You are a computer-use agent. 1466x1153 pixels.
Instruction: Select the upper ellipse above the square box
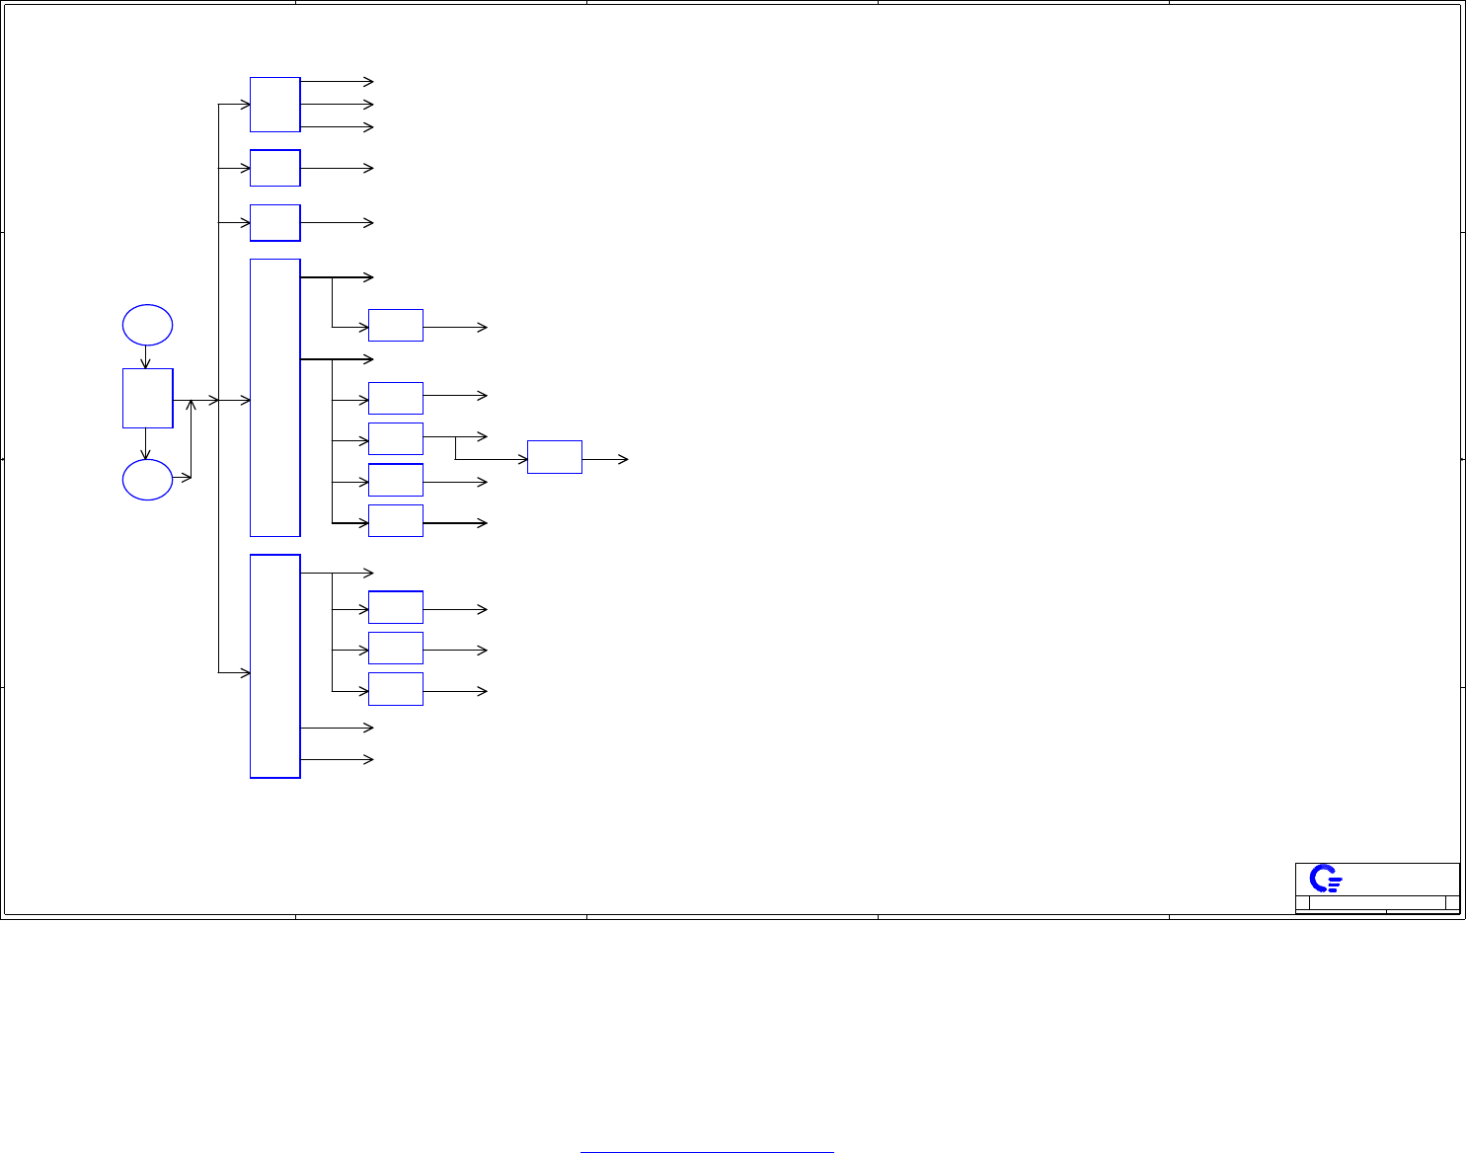click(x=147, y=325)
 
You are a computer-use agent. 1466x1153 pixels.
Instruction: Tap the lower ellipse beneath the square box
click(x=147, y=480)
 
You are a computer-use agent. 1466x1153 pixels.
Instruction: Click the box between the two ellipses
click(x=147, y=398)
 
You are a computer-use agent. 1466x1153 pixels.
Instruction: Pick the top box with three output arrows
click(x=274, y=104)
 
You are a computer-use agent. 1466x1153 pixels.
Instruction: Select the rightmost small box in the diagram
click(x=554, y=457)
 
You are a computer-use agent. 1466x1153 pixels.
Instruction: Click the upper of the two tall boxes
click(x=274, y=397)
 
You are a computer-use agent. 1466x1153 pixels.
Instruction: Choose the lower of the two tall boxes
click(x=274, y=666)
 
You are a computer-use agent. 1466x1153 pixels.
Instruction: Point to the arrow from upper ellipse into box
click(x=146, y=356)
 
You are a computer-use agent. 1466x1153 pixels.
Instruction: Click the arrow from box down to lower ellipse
click(x=146, y=444)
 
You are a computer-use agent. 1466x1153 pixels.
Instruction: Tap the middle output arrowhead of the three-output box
click(x=369, y=104)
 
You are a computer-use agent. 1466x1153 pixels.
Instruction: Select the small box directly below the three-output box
click(x=274, y=168)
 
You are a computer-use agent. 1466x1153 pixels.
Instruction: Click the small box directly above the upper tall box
click(x=274, y=223)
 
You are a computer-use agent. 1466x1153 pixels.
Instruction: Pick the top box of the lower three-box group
click(x=395, y=607)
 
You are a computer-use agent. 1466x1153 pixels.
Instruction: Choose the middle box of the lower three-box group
click(x=395, y=649)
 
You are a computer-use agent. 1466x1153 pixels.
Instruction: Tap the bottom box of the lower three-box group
click(x=395, y=689)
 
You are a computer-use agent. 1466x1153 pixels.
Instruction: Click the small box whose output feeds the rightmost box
click(x=395, y=438)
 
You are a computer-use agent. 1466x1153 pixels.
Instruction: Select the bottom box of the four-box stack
click(x=395, y=520)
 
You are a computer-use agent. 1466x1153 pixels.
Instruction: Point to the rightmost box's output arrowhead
click(x=624, y=459)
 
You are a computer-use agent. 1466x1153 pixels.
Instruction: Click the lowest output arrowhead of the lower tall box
click(x=369, y=759)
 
